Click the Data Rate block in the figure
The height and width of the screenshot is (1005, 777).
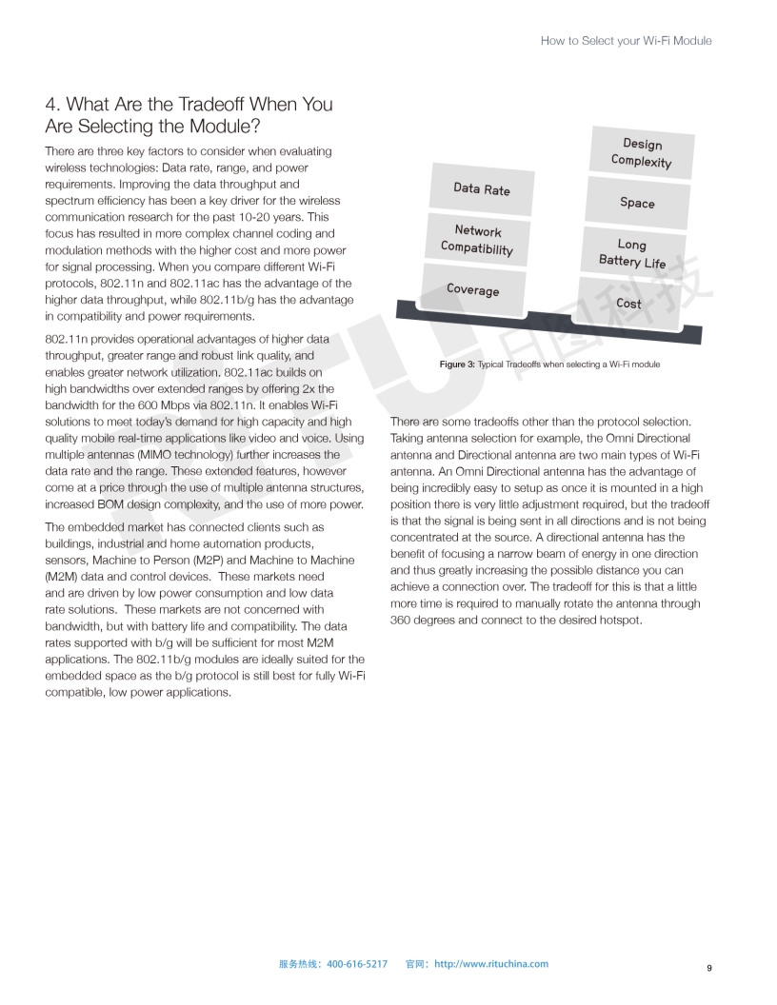pos(482,189)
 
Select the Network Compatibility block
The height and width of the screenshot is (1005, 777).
pos(477,240)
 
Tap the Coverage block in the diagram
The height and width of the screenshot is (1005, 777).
pos(473,289)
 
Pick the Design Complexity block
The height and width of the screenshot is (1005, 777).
pos(642,152)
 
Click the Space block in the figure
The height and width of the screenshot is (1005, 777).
pos(637,203)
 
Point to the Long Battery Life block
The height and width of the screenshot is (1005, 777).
pos(632,253)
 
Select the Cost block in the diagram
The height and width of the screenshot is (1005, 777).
pos(628,304)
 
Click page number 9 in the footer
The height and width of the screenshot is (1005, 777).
pos(709,968)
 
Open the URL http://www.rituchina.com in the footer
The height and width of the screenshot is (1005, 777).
pos(491,964)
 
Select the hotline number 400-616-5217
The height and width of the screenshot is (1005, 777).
pos(357,964)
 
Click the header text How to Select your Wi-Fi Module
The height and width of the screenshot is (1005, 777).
pos(626,41)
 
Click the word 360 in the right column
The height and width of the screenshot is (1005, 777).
pos(401,621)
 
